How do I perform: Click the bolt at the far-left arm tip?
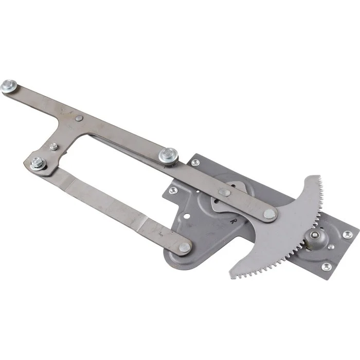pyautogui.click(x=9, y=86)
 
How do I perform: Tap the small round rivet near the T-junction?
pyautogui.click(x=79, y=118)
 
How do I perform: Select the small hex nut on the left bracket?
pyautogui.click(x=53, y=147)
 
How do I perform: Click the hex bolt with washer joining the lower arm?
pyautogui.click(x=38, y=163)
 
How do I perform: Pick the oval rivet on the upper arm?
pyautogui.click(x=225, y=192)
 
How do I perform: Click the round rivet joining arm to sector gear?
pyautogui.click(x=269, y=214)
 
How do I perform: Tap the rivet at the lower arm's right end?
pyautogui.click(x=185, y=247)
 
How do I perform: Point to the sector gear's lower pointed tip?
pyautogui.click(x=231, y=277)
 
